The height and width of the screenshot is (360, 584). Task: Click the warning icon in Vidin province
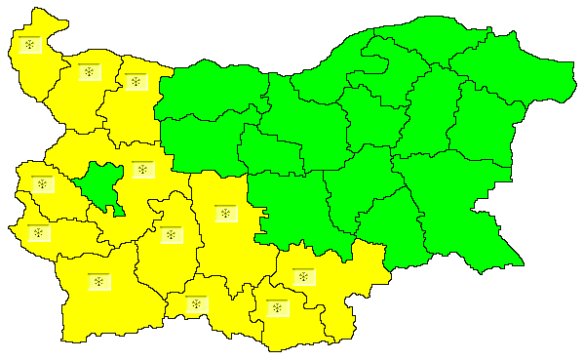click(31, 46)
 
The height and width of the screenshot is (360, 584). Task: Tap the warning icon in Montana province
click(89, 72)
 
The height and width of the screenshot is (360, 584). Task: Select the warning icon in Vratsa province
click(135, 82)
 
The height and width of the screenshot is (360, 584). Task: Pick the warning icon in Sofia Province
click(142, 170)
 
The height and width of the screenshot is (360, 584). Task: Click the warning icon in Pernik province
click(41, 184)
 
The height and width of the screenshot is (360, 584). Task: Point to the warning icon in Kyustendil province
click(38, 232)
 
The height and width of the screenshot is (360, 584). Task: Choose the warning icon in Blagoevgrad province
click(97, 282)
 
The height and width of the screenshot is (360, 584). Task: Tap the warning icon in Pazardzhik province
click(171, 234)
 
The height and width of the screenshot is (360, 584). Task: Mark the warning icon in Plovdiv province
click(224, 213)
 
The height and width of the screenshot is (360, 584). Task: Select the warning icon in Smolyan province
click(197, 304)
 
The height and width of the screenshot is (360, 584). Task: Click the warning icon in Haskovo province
click(303, 276)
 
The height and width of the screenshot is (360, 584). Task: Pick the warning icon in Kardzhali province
click(279, 308)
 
